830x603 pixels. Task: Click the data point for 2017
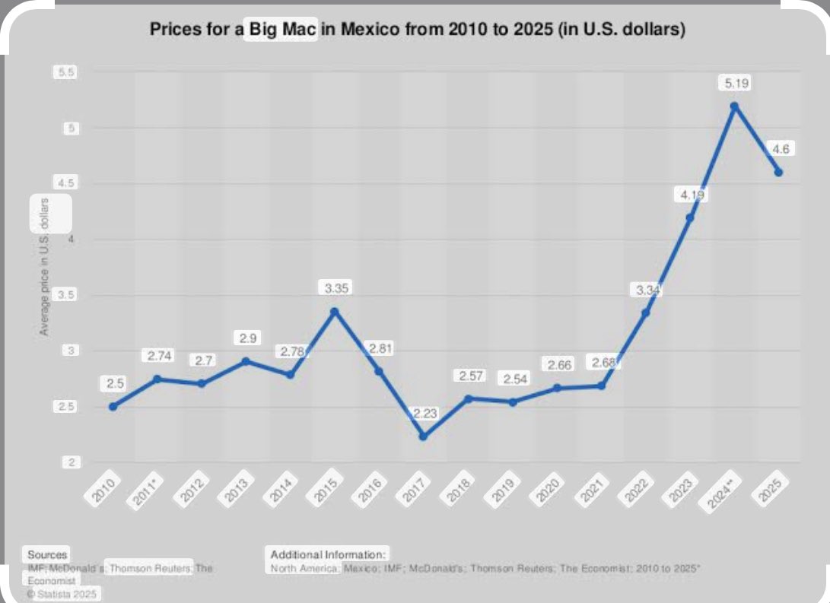click(x=423, y=436)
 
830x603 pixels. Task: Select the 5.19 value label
click(x=734, y=82)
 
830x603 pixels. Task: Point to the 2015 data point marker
click(x=334, y=311)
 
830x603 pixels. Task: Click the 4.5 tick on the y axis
click(x=64, y=183)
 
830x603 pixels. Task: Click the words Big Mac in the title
click(x=279, y=32)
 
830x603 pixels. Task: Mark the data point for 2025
click(x=778, y=172)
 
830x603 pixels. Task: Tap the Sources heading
click(x=47, y=554)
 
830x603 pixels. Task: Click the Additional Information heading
click(x=329, y=554)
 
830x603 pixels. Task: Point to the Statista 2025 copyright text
click(x=63, y=593)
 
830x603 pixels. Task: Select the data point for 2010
click(x=113, y=406)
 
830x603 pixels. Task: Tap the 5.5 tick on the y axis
click(x=64, y=72)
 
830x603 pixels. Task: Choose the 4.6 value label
click(x=779, y=149)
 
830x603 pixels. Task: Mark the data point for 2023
click(x=690, y=217)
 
